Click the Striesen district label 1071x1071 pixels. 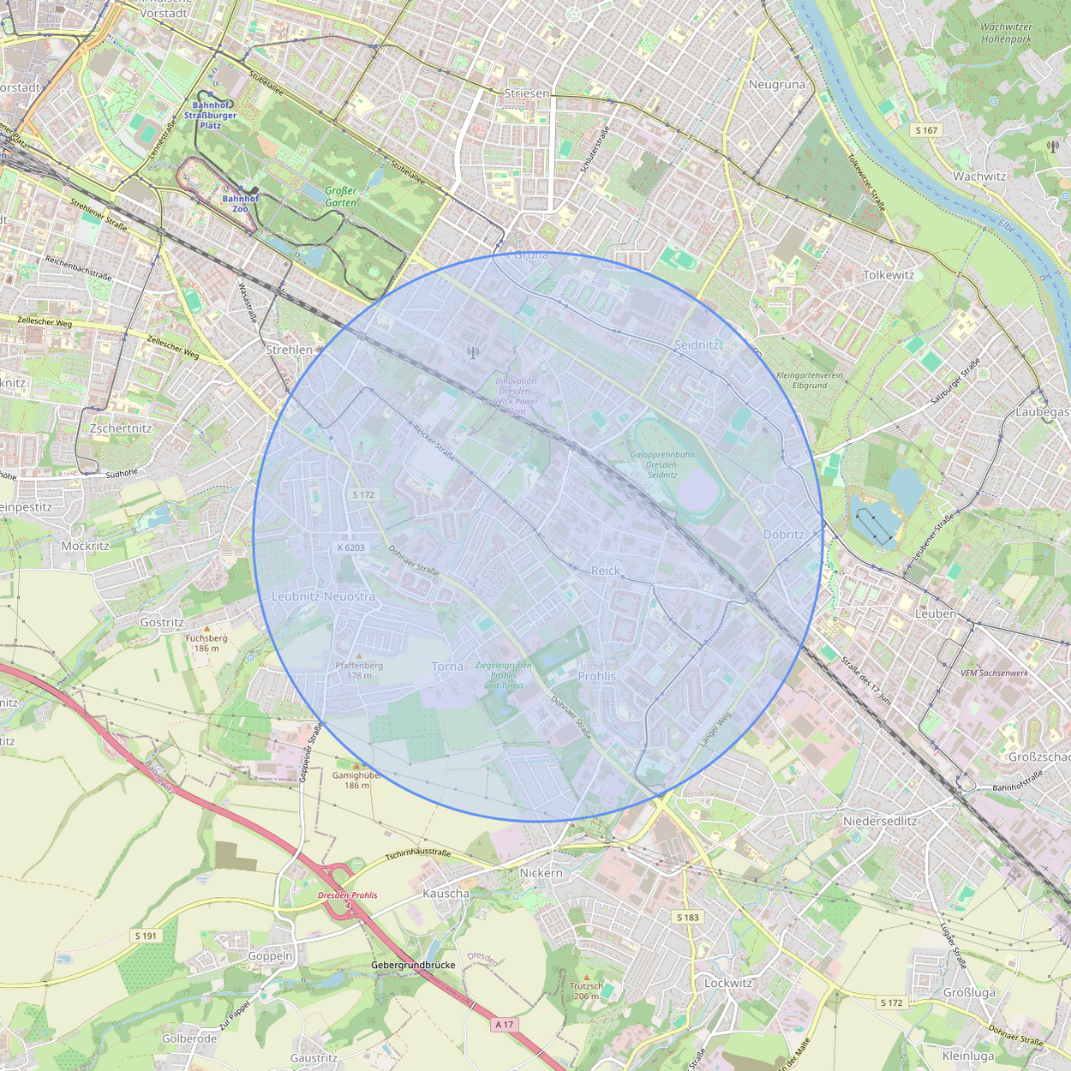(x=526, y=93)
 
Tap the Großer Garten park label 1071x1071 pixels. (x=341, y=196)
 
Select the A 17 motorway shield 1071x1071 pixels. (x=505, y=1024)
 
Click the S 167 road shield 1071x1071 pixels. (x=926, y=130)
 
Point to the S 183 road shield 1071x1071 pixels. (x=688, y=917)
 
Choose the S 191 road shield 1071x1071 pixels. (x=147, y=936)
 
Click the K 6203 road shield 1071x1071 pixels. (x=351, y=547)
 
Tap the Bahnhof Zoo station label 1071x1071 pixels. (x=240, y=203)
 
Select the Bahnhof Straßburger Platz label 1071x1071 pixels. (x=210, y=115)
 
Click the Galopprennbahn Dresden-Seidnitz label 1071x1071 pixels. (x=662, y=464)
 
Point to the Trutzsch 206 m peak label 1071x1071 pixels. (x=586, y=990)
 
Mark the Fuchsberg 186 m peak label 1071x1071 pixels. (x=206, y=643)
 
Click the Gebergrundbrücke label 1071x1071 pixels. (x=413, y=965)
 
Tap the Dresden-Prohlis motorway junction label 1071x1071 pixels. (x=347, y=894)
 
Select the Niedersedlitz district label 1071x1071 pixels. (x=880, y=821)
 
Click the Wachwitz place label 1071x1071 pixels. (x=979, y=177)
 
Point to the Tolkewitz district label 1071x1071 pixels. (x=889, y=275)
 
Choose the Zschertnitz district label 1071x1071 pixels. (x=121, y=428)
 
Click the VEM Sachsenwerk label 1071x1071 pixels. (x=994, y=673)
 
